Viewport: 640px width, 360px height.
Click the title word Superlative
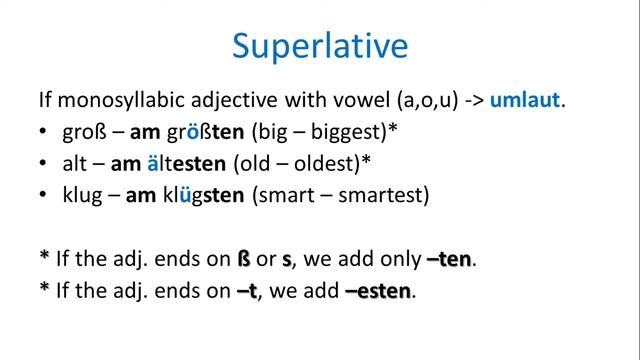(320, 46)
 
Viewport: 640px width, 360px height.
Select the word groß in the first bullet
(81, 132)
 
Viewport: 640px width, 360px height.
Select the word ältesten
(207, 164)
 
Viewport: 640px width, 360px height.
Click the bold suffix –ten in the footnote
(448, 260)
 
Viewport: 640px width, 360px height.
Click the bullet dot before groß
(44, 133)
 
